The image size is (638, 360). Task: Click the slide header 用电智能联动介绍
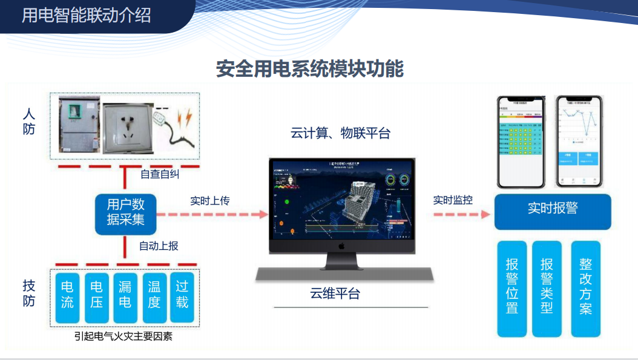point(86,15)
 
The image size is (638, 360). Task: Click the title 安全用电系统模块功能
point(309,69)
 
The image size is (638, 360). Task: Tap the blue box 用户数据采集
point(125,212)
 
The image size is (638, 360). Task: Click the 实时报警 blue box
point(552,209)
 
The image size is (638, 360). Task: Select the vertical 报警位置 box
point(512,289)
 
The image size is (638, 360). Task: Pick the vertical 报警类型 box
point(547,289)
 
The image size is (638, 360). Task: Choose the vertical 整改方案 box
point(585,289)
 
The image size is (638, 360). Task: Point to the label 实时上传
point(209,200)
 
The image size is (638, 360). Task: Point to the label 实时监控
point(452,200)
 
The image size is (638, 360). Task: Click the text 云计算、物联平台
point(340,134)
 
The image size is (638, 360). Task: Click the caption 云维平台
point(335,294)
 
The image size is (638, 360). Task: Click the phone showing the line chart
point(580,142)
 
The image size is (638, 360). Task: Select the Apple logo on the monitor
point(341,246)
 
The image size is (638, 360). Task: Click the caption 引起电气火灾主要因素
point(123,336)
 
